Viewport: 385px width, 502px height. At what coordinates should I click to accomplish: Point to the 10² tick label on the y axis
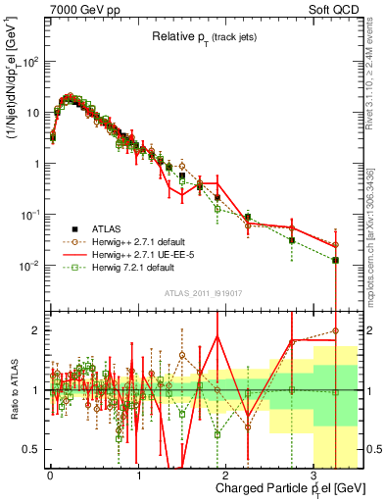click(30, 61)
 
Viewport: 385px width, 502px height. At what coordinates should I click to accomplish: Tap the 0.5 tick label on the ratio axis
click(30, 448)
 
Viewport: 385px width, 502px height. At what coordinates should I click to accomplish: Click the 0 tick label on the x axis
click(49, 475)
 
